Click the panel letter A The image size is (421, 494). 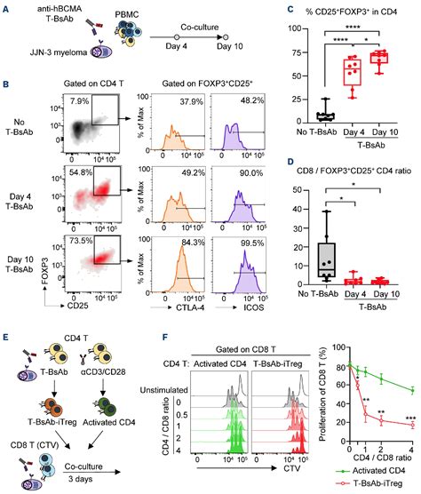coord(7,7)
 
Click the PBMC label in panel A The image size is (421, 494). coord(124,15)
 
